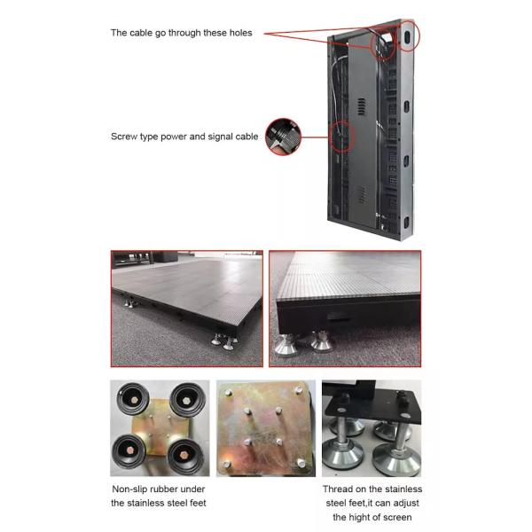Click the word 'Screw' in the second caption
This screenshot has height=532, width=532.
click(x=126, y=137)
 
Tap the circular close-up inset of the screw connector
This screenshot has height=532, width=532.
click(x=284, y=137)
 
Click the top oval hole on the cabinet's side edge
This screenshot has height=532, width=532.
click(x=409, y=36)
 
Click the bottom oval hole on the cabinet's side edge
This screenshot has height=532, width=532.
click(x=407, y=221)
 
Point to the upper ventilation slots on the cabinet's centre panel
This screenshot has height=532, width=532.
click(x=362, y=108)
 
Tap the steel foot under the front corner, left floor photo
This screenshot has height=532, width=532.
click(x=219, y=339)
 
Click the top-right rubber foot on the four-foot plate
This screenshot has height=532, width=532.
click(x=187, y=398)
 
